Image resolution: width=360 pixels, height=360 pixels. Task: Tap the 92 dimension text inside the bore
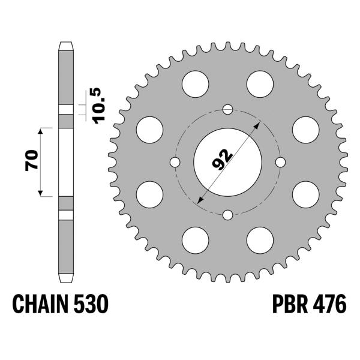click(223, 160)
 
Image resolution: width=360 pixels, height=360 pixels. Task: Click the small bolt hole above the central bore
click(227, 109)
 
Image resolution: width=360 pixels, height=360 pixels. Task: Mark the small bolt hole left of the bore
click(175, 162)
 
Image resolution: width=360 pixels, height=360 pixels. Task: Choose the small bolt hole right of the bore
click(280, 162)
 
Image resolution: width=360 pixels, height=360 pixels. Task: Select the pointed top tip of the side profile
click(65, 43)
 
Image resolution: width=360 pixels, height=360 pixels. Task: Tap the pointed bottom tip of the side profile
click(65, 280)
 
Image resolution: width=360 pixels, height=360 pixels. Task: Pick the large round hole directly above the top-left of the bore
click(195, 83)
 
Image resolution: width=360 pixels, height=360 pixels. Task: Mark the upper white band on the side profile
click(65, 109)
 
